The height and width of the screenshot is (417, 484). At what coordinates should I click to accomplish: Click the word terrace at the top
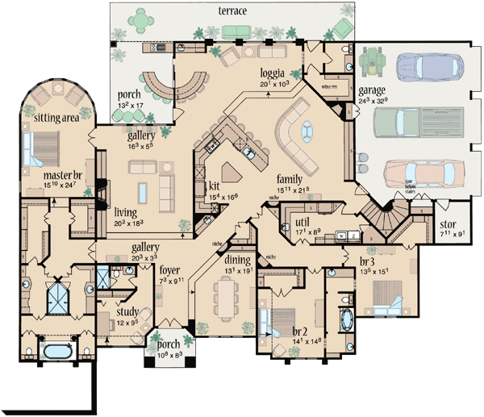232,10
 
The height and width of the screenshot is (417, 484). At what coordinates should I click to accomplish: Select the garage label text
372,91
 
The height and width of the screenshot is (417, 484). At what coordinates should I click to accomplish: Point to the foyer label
169,270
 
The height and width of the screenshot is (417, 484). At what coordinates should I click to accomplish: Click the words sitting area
55,118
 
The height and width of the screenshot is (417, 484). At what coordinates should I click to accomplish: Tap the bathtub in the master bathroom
55,352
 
